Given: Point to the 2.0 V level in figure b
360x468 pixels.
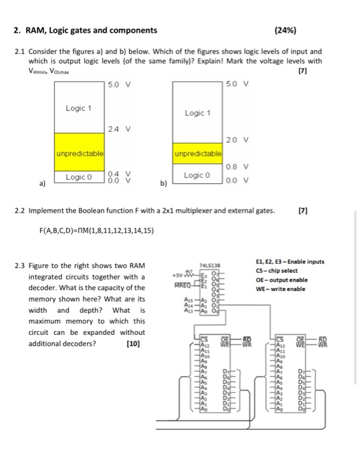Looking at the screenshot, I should (237, 139).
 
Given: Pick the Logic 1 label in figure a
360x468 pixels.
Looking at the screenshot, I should (79, 108).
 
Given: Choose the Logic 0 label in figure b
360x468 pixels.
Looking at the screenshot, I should (196, 175).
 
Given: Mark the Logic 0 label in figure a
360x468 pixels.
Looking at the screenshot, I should (79, 177).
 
